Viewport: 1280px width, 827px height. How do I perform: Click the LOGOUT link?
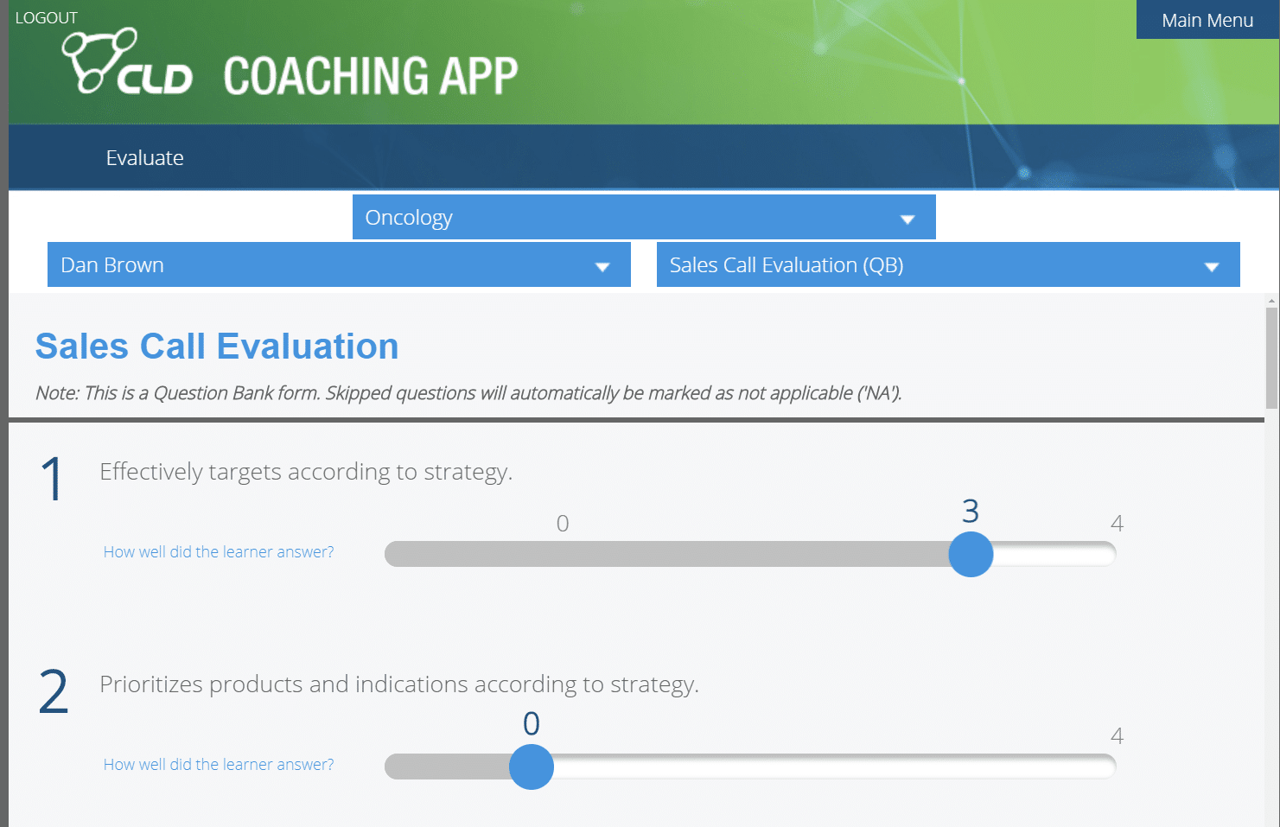pyautogui.click(x=47, y=18)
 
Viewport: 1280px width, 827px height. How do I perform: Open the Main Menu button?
pyautogui.click(x=1207, y=20)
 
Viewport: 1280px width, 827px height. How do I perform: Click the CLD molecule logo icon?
pyautogui.click(x=99, y=60)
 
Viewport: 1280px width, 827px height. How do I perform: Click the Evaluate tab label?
pyautogui.click(x=144, y=158)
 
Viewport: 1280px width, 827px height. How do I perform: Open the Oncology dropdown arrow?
pyautogui.click(x=907, y=219)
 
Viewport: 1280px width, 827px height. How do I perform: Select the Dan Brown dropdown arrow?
pyautogui.click(x=602, y=267)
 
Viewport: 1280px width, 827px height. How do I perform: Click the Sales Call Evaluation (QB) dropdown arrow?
pyautogui.click(x=1211, y=267)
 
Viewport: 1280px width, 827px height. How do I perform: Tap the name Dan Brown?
pyautogui.click(x=112, y=265)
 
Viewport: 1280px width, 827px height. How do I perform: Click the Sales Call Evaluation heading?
pyautogui.click(x=217, y=347)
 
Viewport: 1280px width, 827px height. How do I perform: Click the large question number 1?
pyautogui.click(x=52, y=479)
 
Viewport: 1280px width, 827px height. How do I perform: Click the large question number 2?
pyautogui.click(x=54, y=691)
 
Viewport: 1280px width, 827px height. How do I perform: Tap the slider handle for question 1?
pyautogui.click(x=971, y=554)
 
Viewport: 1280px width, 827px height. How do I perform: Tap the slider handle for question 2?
pyautogui.click(x=532, y=767)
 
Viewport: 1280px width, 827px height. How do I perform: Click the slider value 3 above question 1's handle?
pyautogui.click(x=971, y=512)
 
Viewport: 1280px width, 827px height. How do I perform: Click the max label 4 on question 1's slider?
pyautogui.click(x=1117, y=524)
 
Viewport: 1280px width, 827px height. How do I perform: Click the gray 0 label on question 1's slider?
pyautogui.click(x=563, y=524)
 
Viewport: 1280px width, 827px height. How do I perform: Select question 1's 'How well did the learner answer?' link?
pyautogui.click(x=219, y=552)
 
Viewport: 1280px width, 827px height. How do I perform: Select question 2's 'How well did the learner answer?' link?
pyautogui.click(x=219, y=765)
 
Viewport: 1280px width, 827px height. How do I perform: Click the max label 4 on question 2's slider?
pyautogui.click(x=1117, y=736)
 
